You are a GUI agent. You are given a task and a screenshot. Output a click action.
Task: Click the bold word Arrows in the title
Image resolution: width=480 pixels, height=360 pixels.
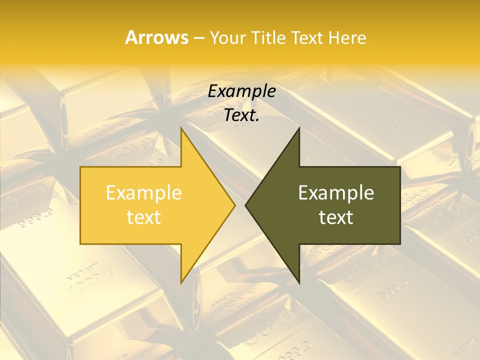tap(156, 37)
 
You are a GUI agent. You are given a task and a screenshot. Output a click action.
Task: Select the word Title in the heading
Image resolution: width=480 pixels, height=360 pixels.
tap(268, 37)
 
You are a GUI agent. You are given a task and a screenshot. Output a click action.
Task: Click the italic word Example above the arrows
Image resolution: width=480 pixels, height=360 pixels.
tap(242, 91)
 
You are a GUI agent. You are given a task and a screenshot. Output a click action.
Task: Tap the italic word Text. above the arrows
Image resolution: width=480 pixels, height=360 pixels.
tap(242, 115)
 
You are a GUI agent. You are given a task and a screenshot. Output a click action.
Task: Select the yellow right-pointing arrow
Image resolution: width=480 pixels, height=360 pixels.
tap(150, 205)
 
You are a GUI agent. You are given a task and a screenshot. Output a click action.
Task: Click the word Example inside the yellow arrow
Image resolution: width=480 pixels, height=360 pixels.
tap(144, 192)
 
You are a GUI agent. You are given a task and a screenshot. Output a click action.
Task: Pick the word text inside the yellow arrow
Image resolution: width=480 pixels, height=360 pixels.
tap(144, 217)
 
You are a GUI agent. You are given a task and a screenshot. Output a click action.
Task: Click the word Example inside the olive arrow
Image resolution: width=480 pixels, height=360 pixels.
tap(336, 192)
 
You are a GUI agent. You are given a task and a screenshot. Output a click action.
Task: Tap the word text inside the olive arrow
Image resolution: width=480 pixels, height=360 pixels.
tap(336, 217)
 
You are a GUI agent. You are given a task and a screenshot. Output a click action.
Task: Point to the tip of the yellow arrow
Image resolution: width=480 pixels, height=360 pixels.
tap(234, 205)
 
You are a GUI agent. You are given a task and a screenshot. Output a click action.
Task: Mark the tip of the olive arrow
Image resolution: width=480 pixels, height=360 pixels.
tap(246, 205)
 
